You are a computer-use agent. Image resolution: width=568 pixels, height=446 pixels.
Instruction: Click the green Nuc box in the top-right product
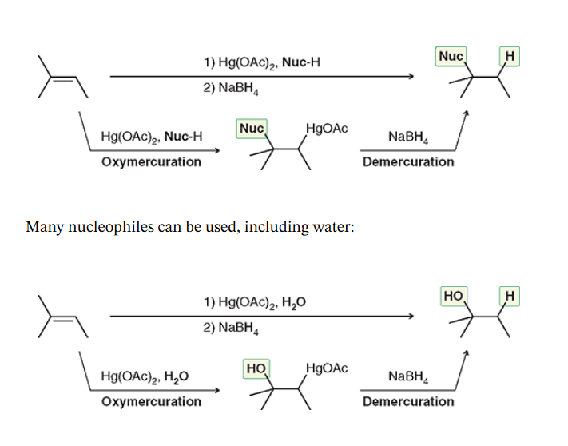451,56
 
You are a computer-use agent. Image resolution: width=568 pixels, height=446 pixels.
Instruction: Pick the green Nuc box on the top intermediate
251,128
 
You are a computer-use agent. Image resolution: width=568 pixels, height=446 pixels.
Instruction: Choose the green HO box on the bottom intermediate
256,368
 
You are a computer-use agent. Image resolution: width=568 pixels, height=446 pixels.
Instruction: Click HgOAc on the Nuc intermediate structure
326,129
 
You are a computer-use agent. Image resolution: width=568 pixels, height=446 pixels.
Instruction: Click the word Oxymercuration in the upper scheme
151,162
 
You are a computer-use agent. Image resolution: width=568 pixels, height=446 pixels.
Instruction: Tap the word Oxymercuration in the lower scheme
151,401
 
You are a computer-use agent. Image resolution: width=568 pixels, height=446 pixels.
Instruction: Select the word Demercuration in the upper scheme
407,162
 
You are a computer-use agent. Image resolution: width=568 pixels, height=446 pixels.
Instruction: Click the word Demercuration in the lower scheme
407,401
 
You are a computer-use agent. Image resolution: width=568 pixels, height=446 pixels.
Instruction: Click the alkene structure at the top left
58,78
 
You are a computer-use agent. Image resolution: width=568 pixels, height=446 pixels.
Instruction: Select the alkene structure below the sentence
58,317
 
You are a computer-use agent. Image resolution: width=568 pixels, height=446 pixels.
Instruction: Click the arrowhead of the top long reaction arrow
411,77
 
